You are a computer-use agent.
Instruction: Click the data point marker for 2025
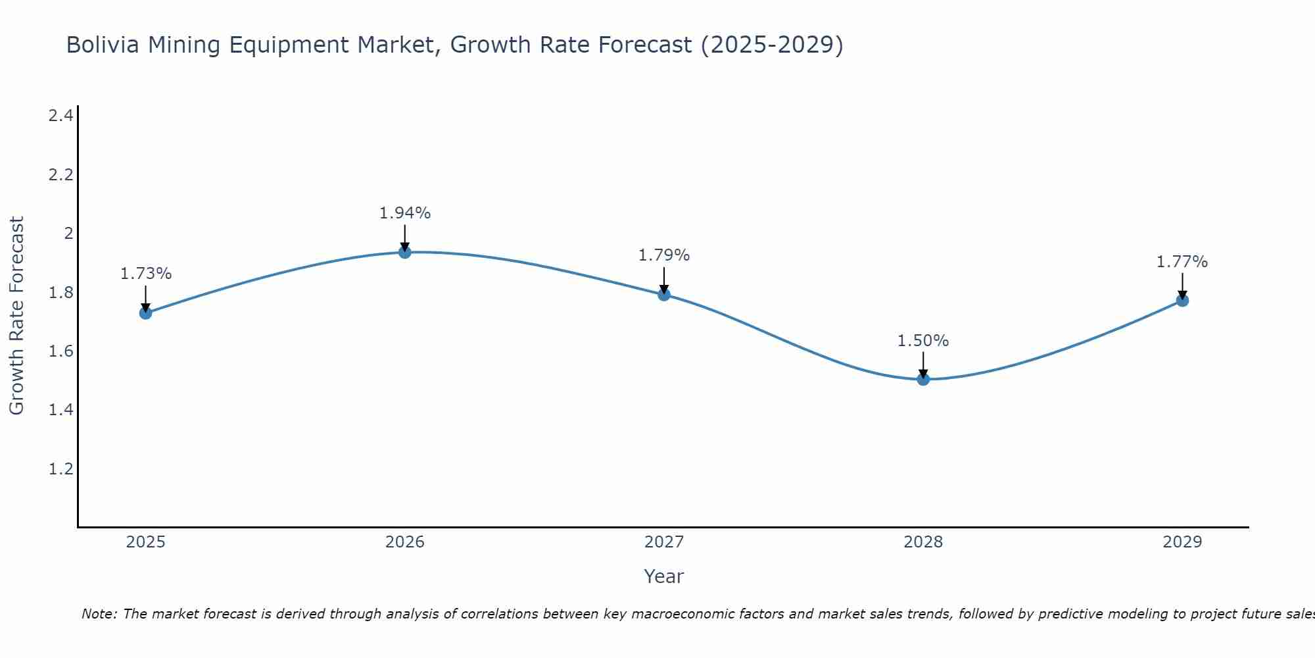coord(146,313)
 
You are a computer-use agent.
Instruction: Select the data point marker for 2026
coord(405,251)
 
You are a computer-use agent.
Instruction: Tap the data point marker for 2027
coord(664,294)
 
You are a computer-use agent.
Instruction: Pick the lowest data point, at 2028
coord(923,379)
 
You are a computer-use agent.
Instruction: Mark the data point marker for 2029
coord(1182,300)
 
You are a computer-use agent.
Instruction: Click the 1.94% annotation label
coord(405,213)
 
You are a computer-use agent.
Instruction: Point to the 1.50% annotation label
coord(923,341)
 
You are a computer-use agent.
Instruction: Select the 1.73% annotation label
coord(146,274)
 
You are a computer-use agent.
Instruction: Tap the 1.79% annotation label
coord(664,255)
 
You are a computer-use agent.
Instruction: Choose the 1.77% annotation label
coord(1182,262)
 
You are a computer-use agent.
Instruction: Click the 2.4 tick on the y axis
coord(60,116)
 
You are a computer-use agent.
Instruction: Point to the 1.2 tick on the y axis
coord(60,469)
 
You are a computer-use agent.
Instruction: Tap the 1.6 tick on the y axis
coord(60,351)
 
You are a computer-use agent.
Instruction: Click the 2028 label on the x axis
coord(923,542)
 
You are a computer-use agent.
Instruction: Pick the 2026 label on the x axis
coord(405,542)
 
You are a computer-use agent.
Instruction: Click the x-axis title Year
coord(664,576)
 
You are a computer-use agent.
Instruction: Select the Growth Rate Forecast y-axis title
coord(16,316)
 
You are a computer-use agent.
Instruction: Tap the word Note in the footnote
coord(99,614)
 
